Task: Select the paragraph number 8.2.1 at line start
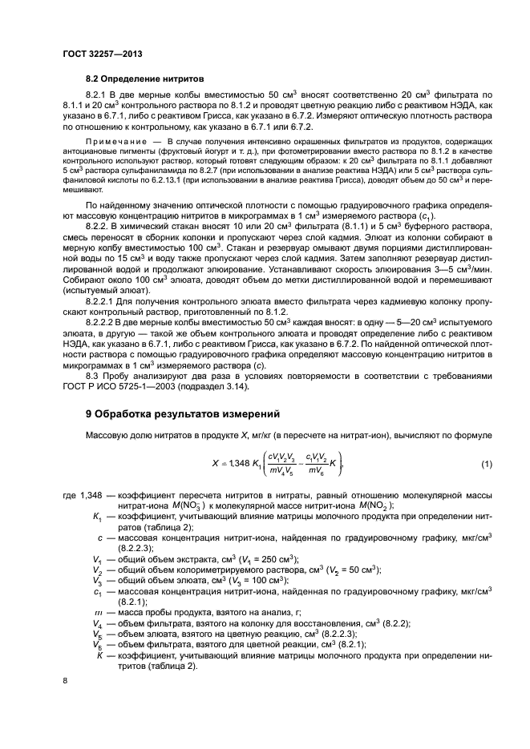(x=97, y=95)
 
